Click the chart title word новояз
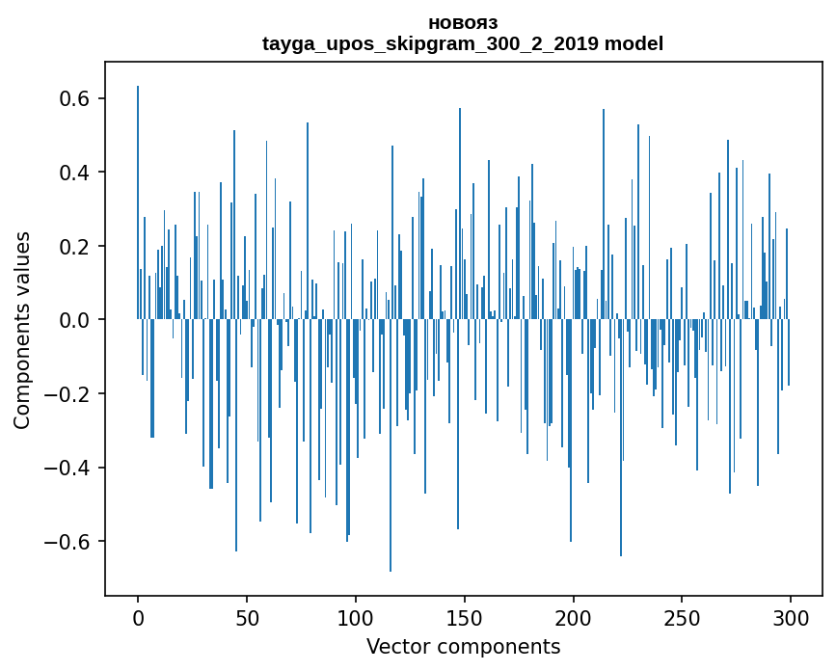pos(463,22)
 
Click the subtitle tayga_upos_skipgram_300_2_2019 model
pos(463,43)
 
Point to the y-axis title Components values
pos(21,330)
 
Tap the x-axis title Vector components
pos(463,646)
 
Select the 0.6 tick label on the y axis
pos(70,99)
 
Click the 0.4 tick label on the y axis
pos(70,173)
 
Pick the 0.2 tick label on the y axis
pos(70,247)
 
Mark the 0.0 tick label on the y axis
pos(70,320)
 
